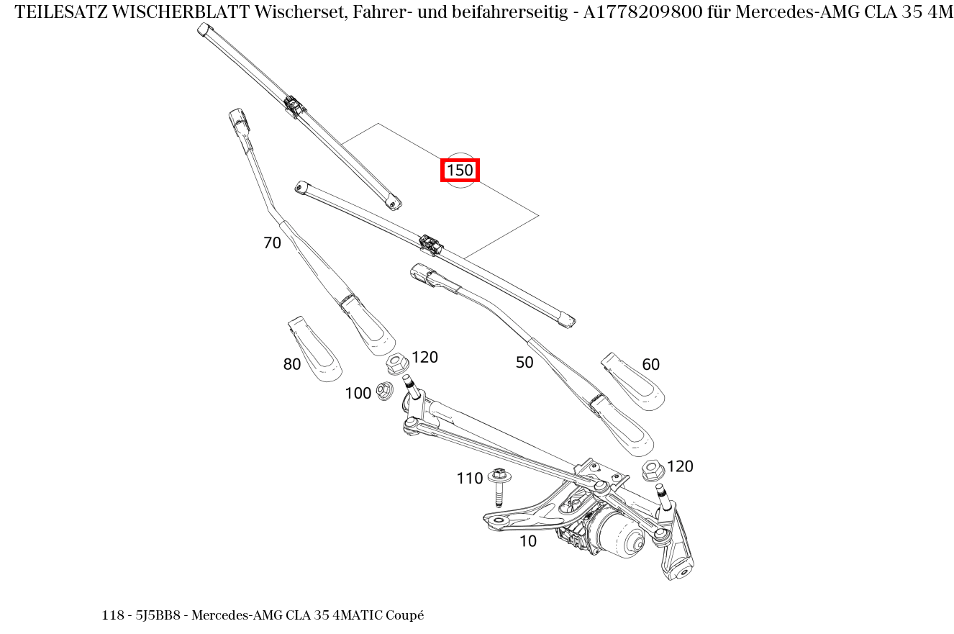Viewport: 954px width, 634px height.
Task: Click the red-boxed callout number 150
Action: pos(460,171)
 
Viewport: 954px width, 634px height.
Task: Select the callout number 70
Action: pos(272,243)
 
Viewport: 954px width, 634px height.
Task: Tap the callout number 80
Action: pos(291,365)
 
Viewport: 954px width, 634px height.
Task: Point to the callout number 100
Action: pos(358,394)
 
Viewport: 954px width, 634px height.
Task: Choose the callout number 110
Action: pos(469,479)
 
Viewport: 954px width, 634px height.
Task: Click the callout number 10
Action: pos(527,542)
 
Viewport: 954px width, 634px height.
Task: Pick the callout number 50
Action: pos(524,363)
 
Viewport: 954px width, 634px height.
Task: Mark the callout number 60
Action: pos(650,365)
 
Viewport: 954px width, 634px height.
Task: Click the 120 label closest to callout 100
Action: pos(424,358)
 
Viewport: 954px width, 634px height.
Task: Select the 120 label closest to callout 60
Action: pos(680,466)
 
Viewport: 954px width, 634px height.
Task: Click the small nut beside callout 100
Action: pos(384,391)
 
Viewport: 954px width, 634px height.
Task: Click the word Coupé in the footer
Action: pos(405,616)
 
